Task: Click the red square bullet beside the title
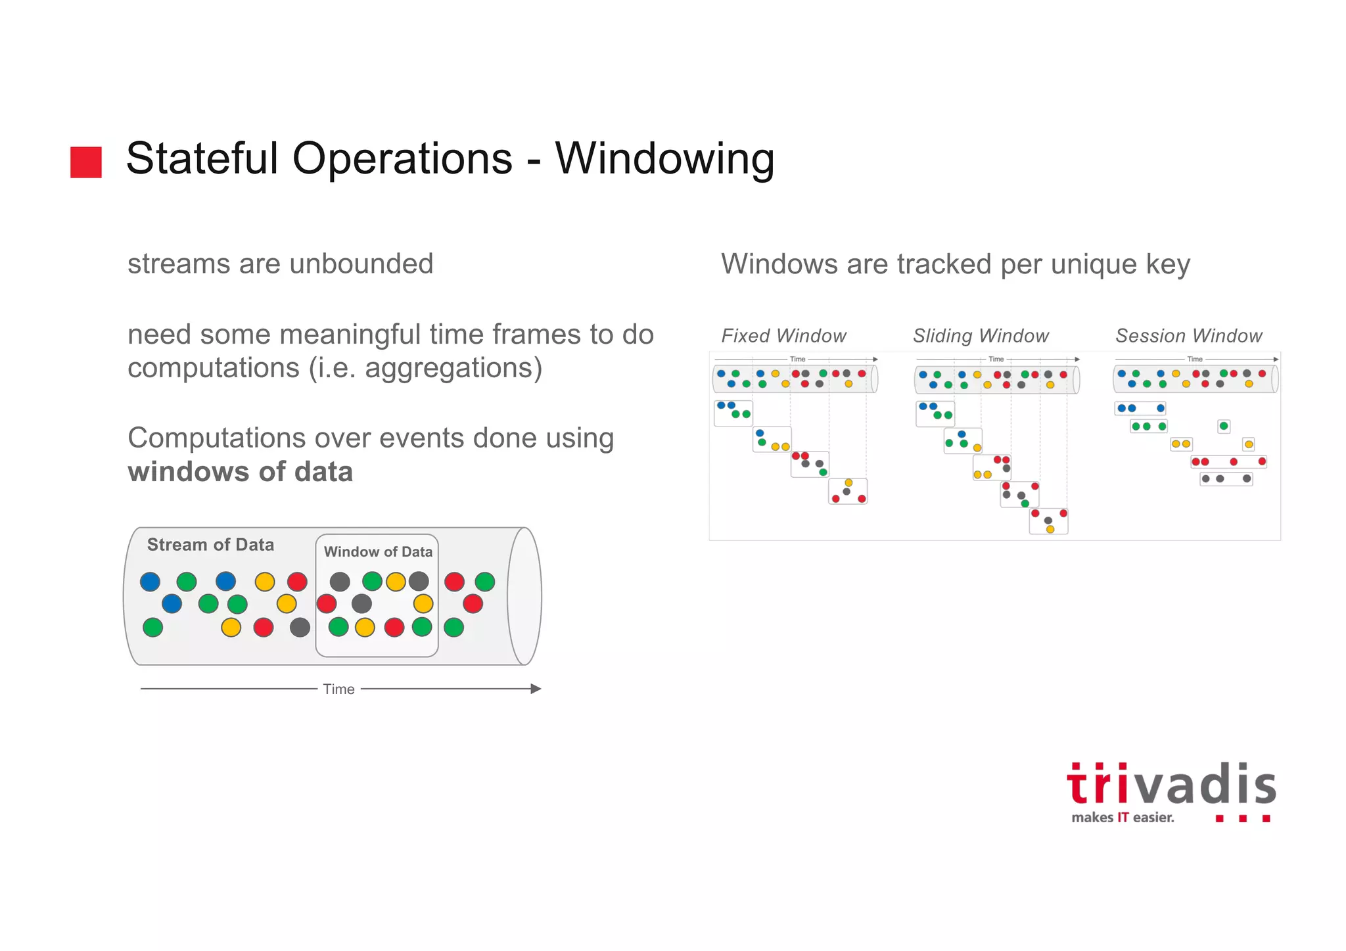86,162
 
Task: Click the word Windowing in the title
664,159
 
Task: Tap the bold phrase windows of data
240,472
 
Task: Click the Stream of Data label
210,545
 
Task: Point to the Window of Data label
378,552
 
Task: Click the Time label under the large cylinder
338,689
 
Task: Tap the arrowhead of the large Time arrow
536,689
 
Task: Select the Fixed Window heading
783,336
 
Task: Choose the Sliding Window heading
981,336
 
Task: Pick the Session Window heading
1189,336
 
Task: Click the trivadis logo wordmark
1171,785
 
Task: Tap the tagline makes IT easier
1122,818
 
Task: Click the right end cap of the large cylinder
524,596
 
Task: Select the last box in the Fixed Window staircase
848,491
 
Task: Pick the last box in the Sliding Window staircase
1048,521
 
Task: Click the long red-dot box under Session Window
1228,461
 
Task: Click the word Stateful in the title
202,159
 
